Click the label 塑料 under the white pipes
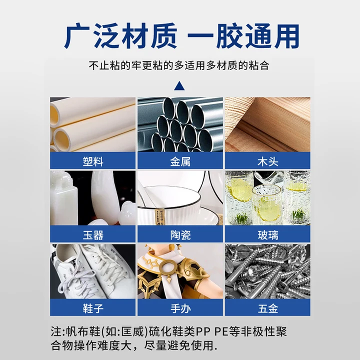click(93, 161)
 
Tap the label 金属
click(180, 161)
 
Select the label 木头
click(267, 161)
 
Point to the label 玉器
click(93, 234)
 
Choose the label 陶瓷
click(180, 234)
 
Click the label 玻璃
click(267, 234)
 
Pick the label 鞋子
click(93, 308)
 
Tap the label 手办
click(180, 308)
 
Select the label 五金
click(267, 308)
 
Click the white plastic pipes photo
click(93, 124)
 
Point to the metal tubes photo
click(180, 124)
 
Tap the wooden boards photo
click(267, 124)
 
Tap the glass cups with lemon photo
click(267, 198)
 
